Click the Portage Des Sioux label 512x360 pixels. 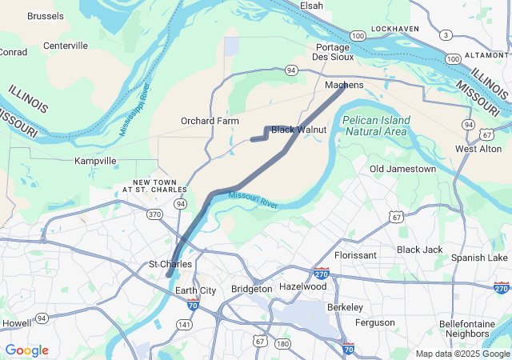(x=333, y=53)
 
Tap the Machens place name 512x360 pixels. (x=345, y=85)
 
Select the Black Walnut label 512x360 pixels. (x=299, y=129)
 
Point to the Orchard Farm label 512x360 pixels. (x=210, y=121)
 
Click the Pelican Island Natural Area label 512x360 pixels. (x=376, y=126)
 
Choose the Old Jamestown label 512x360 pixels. (x=403, y=169)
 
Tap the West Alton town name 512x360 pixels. (x=478, y=149)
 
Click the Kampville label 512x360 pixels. (x=95, y=161)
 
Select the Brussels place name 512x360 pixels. (x=46, y=16)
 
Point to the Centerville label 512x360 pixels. (x=66, y=46)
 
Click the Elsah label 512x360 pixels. (x=311, y=6)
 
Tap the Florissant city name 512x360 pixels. (x=355, y=255)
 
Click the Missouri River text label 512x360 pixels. (x=253, y=199)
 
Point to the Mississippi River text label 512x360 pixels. (x=135, y=109)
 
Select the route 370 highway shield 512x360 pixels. (x=154, y=214)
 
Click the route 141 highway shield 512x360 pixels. (x=185, y=324)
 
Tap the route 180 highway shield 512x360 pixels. (x=282, y=344)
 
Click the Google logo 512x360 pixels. (x=26, y=350)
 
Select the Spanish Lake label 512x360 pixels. (x=479, y=258)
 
